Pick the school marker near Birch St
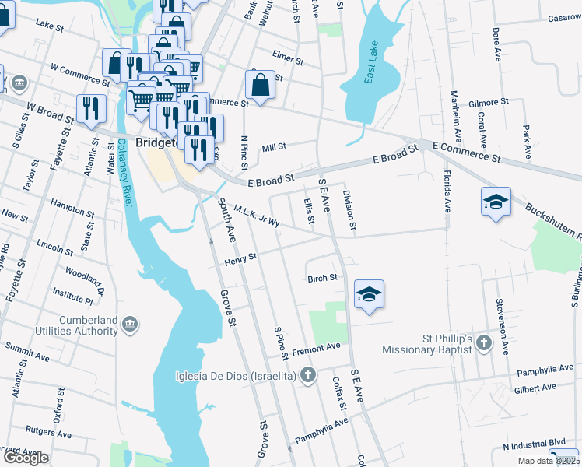tap(370, 294)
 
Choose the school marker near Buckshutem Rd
tap(496, 202)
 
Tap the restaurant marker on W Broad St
tap(91, 109)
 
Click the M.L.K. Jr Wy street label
tap(256, 217)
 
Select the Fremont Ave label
tap(317, 346)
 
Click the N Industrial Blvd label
tap(533, 446)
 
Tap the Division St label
tap(349, 211)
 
